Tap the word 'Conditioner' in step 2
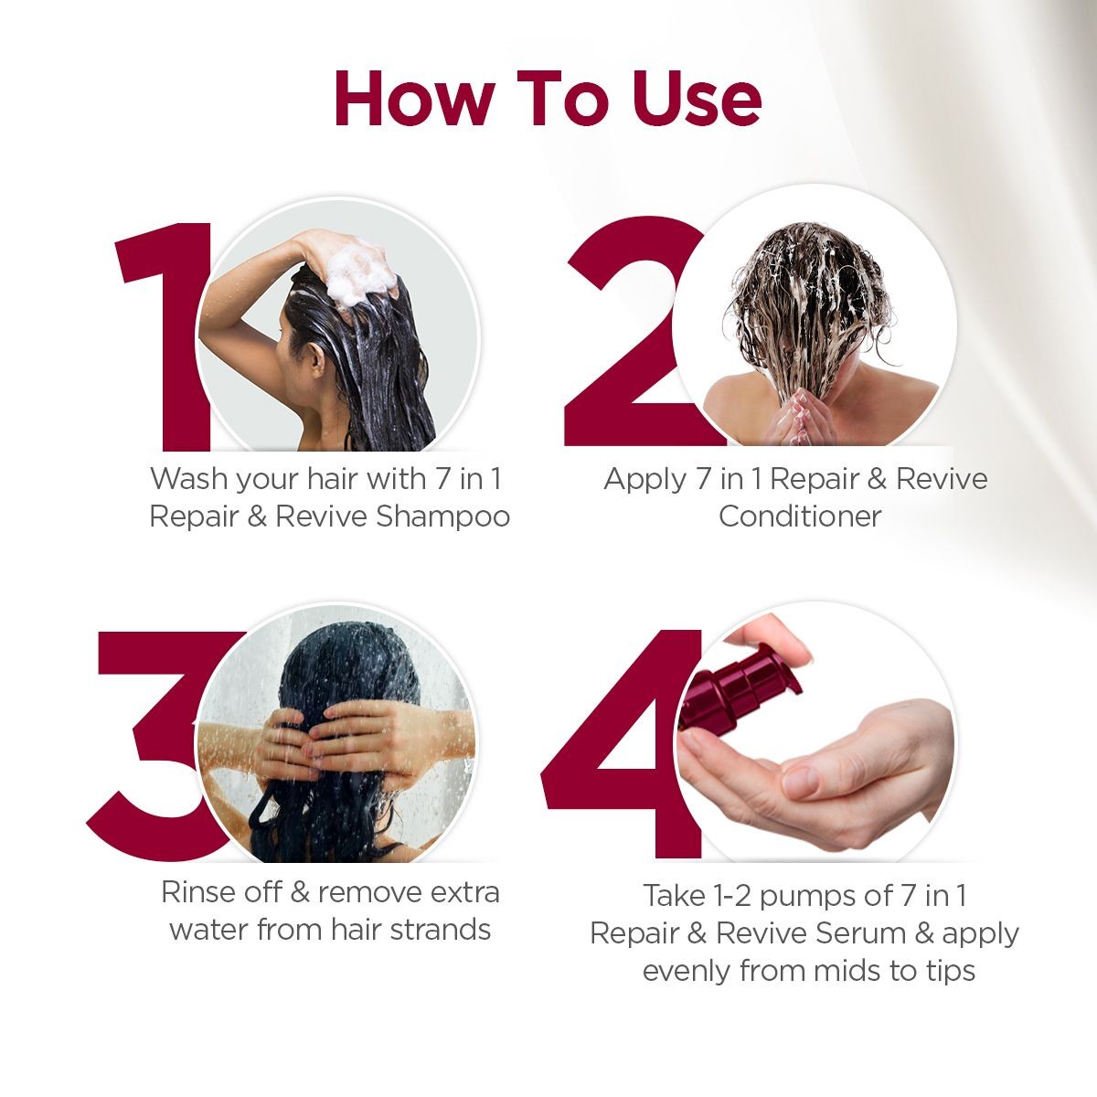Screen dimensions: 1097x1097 (x=799, y=517)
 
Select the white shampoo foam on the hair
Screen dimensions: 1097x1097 (x=361, y=271)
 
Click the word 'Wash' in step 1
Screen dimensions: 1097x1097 (x=190, y=479)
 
